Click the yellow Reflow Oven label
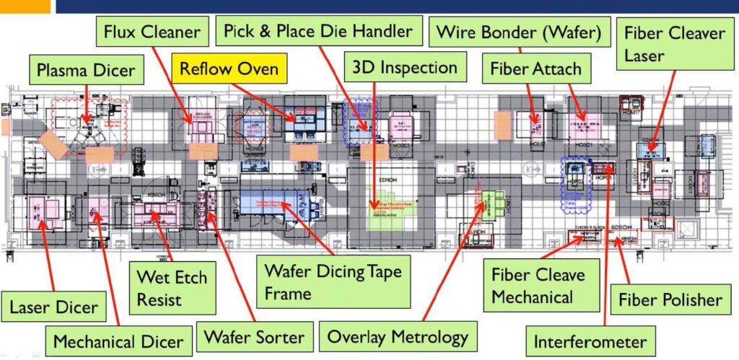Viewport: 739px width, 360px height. [x=229, y=71]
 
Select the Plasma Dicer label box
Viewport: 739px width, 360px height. [x=86, y=71]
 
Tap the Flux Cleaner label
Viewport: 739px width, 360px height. [x=152, y=32]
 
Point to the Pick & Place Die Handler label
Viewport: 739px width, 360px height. [x=318, y=31]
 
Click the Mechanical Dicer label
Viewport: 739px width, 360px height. [x=118, y=340]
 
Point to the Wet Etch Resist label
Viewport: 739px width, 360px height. [x=171, y=287]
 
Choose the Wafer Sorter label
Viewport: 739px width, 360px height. [x=253, y=337]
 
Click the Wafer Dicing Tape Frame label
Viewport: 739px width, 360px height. [x=332, y=282]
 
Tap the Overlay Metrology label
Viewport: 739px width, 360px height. [x=398, y=337]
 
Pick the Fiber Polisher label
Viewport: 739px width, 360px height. [x=670, y=299]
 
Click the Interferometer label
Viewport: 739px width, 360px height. [x=590, y=341]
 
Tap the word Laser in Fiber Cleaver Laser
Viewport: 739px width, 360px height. [x=644, y=54]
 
